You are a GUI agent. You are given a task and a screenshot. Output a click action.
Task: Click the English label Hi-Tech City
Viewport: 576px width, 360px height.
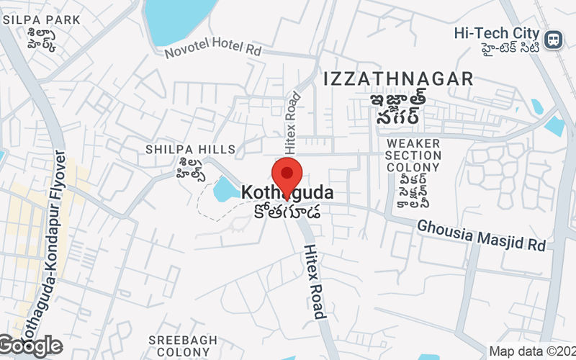497,33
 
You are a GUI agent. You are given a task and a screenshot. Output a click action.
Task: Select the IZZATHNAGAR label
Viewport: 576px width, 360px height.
398,78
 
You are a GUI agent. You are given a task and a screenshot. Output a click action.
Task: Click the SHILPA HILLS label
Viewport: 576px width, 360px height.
191,149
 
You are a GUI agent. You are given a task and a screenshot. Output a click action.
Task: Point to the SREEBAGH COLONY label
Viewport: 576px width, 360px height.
179,345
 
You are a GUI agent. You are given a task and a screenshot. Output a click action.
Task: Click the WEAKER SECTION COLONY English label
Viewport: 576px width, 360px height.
413,156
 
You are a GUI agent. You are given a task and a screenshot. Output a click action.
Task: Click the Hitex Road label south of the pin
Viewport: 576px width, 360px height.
315,281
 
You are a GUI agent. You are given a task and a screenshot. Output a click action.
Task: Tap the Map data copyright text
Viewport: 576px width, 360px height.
531,351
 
